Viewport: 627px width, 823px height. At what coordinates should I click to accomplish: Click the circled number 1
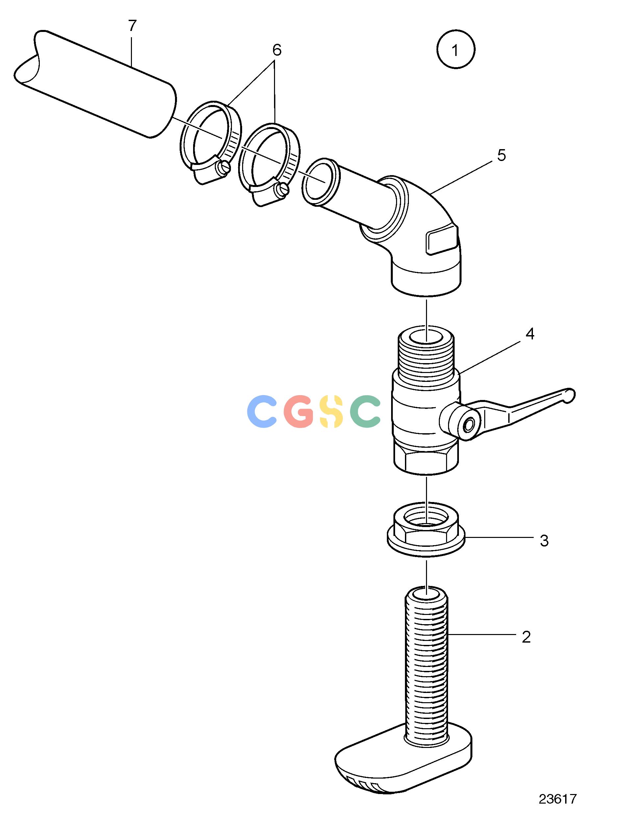tap(455, 49)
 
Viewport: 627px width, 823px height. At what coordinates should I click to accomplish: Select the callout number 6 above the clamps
tap(277, 50)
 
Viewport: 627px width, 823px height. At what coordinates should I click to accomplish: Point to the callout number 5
tap(501, 155)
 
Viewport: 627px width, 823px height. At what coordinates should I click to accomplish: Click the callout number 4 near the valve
tap(530, 334)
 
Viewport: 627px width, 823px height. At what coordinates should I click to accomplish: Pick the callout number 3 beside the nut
tap(544, 540)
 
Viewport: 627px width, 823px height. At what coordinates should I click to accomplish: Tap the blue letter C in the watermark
tap(263, 411)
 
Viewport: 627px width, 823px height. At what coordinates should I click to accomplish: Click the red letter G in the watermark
tap(299, 411)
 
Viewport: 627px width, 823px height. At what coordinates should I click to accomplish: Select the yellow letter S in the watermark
tap(331, 411)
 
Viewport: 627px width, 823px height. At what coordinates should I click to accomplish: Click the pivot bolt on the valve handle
tap(468, 424)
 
